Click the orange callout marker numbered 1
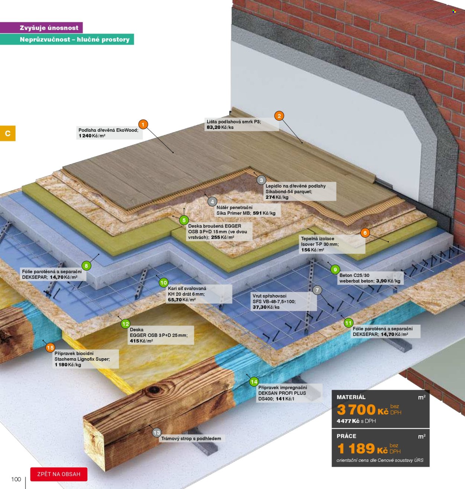coord(143,124)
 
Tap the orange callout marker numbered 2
coord(279,116)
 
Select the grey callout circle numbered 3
coord(261,180)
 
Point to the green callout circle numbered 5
coord(184,220)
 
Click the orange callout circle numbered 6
coord(365,233)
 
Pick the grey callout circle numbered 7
coord(317,290)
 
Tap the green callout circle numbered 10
coord(164,282)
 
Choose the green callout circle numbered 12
coord(125,324)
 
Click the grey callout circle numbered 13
coord(157,433)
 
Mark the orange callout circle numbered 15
coord(50,347)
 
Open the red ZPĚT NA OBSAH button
coord(59,474)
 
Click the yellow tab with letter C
coord(8,133)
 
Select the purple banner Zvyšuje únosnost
coord(41,27)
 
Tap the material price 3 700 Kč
coord(363,410)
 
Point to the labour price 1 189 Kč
coord(362,449)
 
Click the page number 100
coord(16,479)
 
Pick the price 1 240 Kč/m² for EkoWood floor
coord(92,136)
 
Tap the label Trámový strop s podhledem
coord(191,438)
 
